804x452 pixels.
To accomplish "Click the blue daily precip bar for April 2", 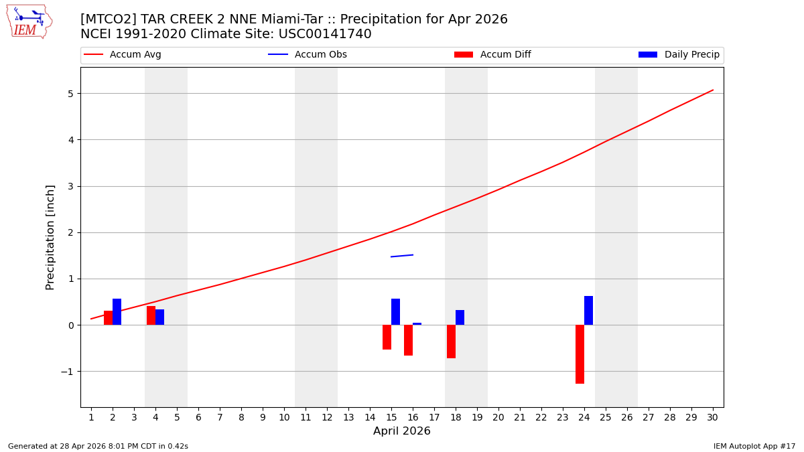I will (117, 312).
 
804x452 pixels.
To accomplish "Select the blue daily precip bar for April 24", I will (588, 311).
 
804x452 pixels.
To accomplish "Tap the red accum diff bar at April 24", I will (580, 354).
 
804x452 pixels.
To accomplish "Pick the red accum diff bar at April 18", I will (451, 342).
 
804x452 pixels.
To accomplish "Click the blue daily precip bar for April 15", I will (395, 312).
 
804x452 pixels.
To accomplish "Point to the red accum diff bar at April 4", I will (151, 315).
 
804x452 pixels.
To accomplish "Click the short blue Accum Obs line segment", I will (402, 256).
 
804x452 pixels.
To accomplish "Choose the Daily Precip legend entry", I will (679, 55).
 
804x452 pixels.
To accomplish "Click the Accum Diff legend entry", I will (492, 55).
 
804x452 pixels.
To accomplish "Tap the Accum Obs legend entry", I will (308, 55).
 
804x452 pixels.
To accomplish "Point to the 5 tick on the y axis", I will (70, 94).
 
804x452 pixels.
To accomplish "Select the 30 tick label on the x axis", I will (713, 418).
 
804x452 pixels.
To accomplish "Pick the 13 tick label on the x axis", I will (348, 418).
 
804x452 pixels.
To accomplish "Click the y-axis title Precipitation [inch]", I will (51, 237).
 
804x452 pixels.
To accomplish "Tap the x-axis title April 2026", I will (402, 431).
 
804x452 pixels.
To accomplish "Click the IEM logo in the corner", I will (29, 21).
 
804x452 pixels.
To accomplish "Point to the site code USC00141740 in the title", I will (325, 34).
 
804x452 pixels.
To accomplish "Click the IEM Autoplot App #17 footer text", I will (754, 446).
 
